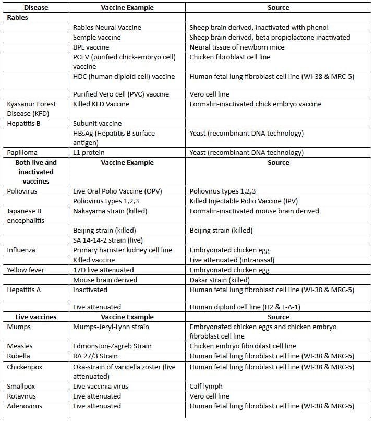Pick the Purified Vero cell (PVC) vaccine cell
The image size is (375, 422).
pyautogui.click(x=121, y=94)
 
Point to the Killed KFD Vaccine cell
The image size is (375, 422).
pyautogui.click(x=101, y=104)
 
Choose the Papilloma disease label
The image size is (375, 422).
pyautogui.click(x=22, y=152)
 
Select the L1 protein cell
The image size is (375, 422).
pyautogui.click(x=89, y=152)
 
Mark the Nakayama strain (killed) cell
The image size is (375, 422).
pyautogui.click(x=110, y=211)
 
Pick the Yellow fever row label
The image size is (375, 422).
pyautogui.click(x=26, y=270)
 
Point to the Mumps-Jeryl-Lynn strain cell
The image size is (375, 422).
pyautogui.click(x=111, y=327)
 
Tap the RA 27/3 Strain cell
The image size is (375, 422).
pyautogui.click(x=95, y=356)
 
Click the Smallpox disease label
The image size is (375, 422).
pyautogui.click(x=22, y=387)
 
